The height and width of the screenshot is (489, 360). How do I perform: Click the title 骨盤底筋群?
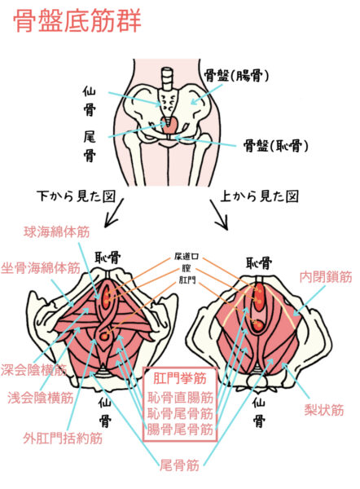pyautogui.click(x=77, y=20)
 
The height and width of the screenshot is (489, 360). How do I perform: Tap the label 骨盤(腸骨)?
pyautogui.click(x=236, y=76)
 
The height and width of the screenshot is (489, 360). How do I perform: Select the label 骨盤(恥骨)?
pyautogui.click(x=275, y=146)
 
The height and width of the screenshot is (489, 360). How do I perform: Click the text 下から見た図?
pyautogui.click(x=77, y=196)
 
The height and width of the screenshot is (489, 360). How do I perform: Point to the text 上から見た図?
pyautogui.click(x=259, y=196)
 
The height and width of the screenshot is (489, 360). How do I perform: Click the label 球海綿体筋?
pyautogui.click(x=57, y=232)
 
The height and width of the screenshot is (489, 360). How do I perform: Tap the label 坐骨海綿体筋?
pyautogui.click(x=41, y=268)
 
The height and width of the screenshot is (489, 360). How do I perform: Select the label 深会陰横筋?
pyautogui.click(x=33, y=369)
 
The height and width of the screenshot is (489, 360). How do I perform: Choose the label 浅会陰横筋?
pyautogui.click(x=41, y=398)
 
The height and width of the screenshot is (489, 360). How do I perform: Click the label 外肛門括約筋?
pyautogui.click(x=63, y=438)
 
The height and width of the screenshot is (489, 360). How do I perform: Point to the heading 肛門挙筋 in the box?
pyautogui.click(x=180, y=379)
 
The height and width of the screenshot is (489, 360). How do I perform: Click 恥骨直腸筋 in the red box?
pyautogui.click(x=180, y=398)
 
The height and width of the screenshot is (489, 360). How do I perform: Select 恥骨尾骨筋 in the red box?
pyautogui.click(x=180, y=413)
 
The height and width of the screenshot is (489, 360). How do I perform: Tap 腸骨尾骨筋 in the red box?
pyautogui.click(x=180, y=430)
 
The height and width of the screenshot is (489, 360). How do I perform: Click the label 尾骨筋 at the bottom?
pyautogui.click(x=179, y=465)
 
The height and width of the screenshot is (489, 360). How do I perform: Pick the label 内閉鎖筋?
pyautogui.click(x=326, y=277)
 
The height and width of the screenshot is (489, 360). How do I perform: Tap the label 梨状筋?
pyautogui.click(x=324, y=410)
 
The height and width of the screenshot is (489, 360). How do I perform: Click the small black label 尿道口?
pyautogui.click(x=187, y=257)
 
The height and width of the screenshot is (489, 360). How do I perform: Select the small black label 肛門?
pyautogui.click(x=187, y=280)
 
